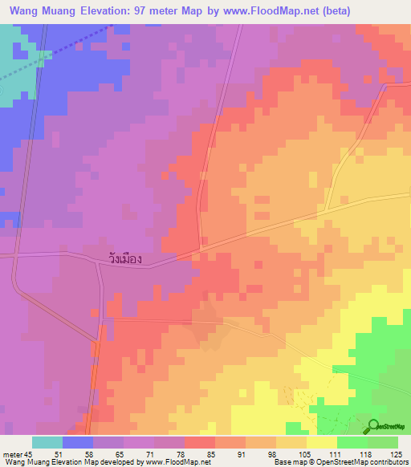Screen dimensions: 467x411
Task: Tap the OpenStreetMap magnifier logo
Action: pyautogui.click(x=374, y=426)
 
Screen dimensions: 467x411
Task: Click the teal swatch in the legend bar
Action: pyautogui.click(x=47, y=442)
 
